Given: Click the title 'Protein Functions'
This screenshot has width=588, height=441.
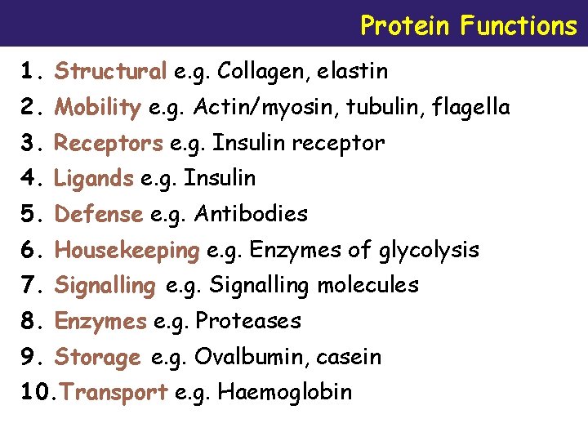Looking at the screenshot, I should [x=468, y=25].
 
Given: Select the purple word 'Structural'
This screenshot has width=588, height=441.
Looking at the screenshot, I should [x=110, y=72].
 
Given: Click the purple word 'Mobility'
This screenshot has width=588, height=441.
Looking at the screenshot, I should [x=97, y=107].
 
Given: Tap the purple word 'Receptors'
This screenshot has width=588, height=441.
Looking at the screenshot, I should [x=109, y=144].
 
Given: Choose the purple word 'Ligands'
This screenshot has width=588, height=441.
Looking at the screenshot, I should [x=94, y=178].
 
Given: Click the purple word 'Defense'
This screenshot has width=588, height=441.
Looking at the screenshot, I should [x=99, y=214].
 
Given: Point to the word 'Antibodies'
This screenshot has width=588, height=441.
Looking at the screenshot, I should [x=251, y=214].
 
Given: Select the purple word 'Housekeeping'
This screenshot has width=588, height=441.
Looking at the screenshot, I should [x=127, y=250].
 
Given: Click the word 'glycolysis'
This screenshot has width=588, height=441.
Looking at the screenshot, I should [x=429, y=250].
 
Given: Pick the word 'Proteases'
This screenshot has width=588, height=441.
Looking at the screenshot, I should [x=248, y=321].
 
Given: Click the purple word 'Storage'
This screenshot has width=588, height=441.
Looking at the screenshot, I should [x=98, y=358].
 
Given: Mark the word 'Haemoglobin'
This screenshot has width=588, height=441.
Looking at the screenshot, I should [x=285, y=392].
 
